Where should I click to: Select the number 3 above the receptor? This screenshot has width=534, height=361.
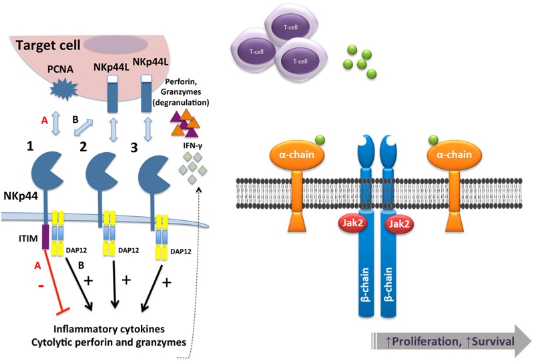coord(133,147)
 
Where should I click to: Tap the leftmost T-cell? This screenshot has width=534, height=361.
coord(254,51)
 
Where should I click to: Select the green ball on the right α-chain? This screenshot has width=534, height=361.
coord(435,139)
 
